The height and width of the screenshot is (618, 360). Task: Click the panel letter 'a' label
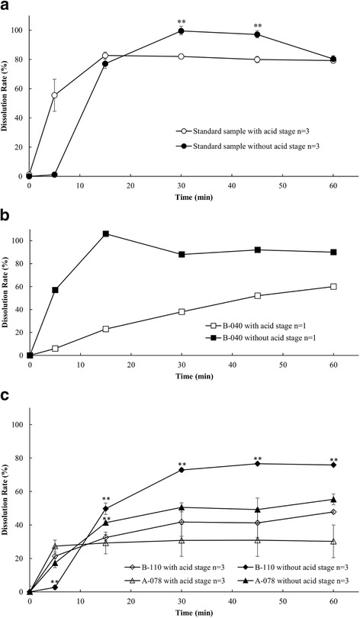[x=6, y=7]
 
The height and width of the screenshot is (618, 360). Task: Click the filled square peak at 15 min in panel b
[x=105, y=233]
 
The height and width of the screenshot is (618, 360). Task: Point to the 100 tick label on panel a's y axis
[x=15, y=31]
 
